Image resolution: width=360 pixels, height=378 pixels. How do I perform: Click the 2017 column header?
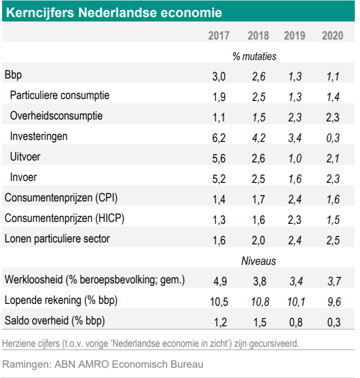(x=219, y=36)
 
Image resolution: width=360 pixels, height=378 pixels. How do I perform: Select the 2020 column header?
(x=332, y=36)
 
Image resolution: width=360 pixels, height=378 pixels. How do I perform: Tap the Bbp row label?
(x=13, y=76)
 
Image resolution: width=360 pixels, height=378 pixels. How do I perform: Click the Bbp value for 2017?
(x=219, y=76)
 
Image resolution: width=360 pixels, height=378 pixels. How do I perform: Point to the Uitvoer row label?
(x=24, y=157)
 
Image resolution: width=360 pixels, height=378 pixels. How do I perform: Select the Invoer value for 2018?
(x=258, y=179)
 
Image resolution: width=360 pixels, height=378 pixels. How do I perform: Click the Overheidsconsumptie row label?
(x=56, y=116)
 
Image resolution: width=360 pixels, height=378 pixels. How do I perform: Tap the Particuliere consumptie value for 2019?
(x=295, y=97)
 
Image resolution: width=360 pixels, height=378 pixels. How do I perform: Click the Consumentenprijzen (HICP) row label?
(x=64, y=219)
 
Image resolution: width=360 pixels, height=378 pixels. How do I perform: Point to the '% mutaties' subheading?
(x=254, y=57)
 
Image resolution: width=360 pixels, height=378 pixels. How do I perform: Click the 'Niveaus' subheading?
(x=258, y=261)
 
